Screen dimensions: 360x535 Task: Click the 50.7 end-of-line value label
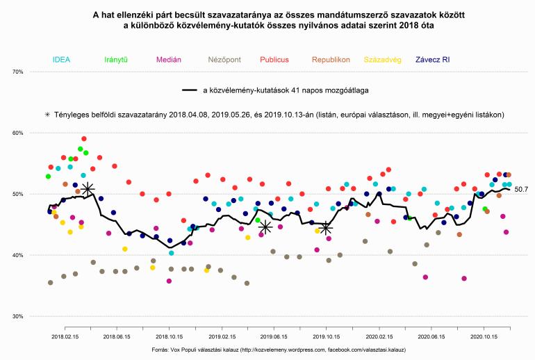(520, 189)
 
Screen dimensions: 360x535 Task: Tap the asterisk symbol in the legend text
(47, 114)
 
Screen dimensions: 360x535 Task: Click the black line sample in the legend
(190, 90)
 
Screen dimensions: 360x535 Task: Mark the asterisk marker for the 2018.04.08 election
(87, 188)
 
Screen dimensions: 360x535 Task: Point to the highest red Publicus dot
(84, 139)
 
